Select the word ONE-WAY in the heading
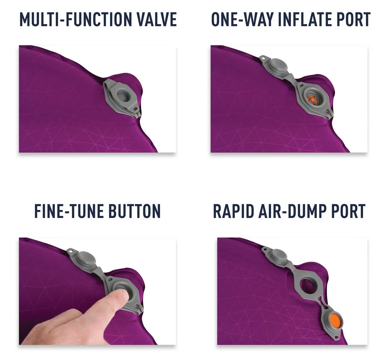(242, 19)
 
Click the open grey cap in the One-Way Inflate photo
(278, 65)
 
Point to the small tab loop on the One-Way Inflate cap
(262, 58)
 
